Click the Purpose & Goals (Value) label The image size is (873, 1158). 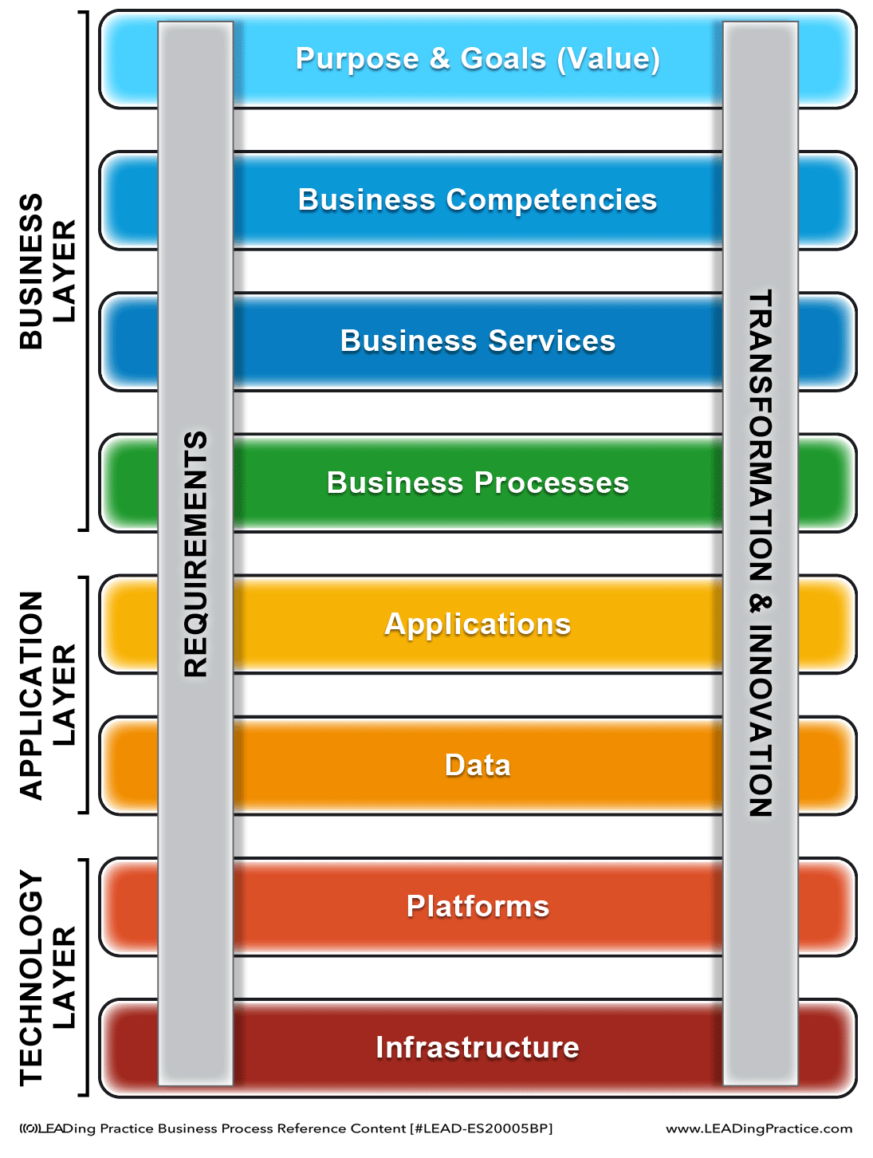click(x=477, y=58)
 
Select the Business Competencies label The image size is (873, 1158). click(x=477, y=200)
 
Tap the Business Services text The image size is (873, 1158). click(x=477, y=341)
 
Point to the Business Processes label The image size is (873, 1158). click(x=477, y=482)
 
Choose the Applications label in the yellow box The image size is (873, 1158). click(x=477, y=624)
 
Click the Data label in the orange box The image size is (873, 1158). click(x=477, y=765)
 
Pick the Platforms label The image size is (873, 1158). click(x=477, y=906)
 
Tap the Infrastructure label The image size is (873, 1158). click(x=477, y=1047)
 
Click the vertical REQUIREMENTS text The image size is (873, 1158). click(x=195, y=554)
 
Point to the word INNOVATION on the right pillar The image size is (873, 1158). click(x=761, y=721)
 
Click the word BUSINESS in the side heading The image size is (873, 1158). click(x=31, y=271)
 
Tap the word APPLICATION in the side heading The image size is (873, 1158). click(x=31, y=695)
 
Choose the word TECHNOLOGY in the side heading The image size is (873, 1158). click(x=31, y=978)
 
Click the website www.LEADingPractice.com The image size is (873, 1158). click(x=759, y=1128)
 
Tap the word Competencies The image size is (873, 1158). click(x=552, y=200)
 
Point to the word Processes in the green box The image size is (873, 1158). click(x=552, y=482)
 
